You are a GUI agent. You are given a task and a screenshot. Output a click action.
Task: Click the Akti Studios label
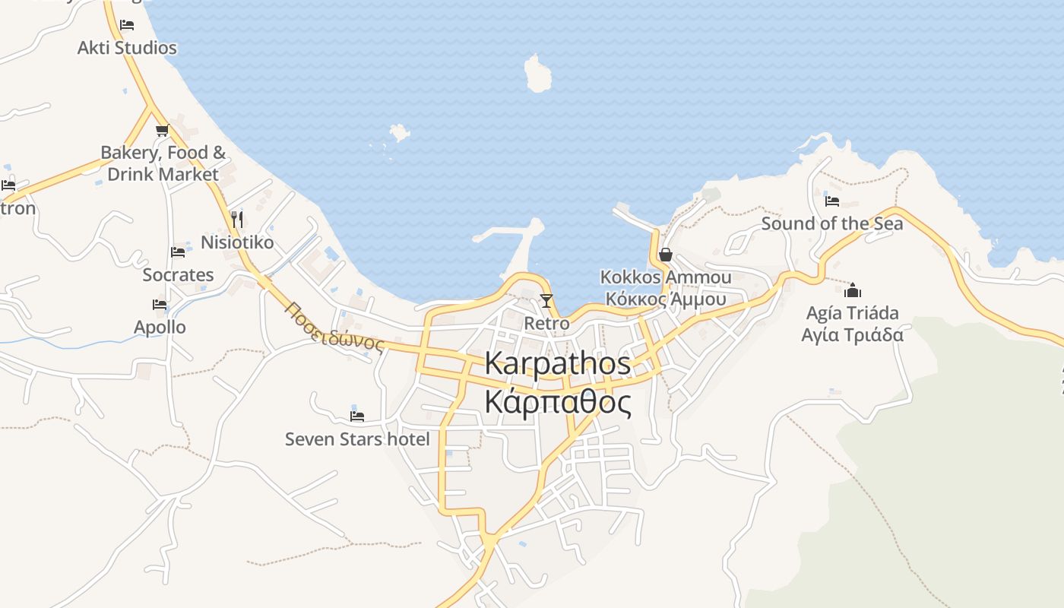point(127,48)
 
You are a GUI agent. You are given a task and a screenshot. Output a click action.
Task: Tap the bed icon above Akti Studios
point(127,25)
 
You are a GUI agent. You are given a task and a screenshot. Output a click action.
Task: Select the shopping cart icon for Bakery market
point(162,131)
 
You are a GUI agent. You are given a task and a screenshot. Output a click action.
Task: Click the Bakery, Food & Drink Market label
point(163,163)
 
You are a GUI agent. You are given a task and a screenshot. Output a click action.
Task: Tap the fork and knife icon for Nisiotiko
point(237,220)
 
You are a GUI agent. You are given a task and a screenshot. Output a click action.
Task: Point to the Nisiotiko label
point(237,242)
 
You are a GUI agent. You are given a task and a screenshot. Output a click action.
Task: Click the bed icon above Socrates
point(178,252)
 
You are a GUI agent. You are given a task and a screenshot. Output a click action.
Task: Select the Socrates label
point(178,274)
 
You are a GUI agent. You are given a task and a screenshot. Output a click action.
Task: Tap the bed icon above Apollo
point(160,305)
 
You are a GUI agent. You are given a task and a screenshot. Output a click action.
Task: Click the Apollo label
point(160,328)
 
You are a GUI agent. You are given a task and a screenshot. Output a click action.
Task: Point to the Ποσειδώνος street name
point(334,327)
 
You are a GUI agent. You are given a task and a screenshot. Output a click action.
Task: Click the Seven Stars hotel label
point(357,439)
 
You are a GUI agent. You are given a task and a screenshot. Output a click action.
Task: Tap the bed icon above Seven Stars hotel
point(357,416)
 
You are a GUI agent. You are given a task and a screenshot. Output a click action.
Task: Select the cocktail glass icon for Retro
point(546,300)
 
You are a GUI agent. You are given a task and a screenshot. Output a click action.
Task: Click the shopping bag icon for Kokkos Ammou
point(666,255)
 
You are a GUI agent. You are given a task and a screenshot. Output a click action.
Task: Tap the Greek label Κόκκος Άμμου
point(666,299)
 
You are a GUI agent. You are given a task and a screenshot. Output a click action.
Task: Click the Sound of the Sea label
point(832,223)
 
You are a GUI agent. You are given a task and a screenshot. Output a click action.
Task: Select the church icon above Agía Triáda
point(853,290)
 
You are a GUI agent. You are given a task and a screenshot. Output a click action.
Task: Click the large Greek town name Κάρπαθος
point(558,402)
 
